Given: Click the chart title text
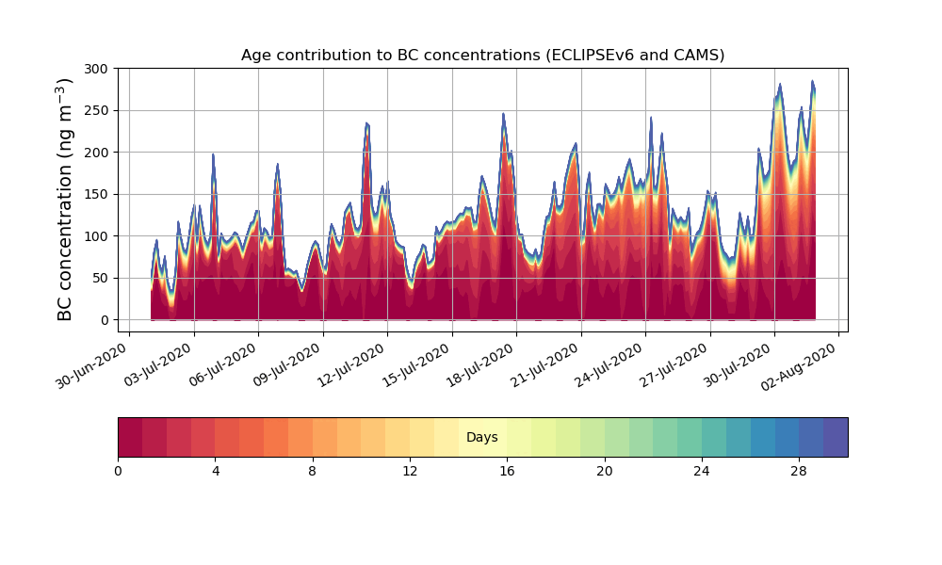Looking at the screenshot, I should tap(482, 55).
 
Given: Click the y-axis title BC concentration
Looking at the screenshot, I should tap(65, 200).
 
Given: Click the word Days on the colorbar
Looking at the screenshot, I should tap(482, 438).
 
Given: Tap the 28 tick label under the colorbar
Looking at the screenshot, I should tap(799, 471).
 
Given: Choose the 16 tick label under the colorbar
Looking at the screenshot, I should tap(507, 471).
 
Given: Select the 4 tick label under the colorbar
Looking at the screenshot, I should tap(215, 471).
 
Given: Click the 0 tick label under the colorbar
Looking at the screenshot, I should tap(118, 471).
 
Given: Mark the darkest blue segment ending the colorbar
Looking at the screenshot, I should tap(836, 437).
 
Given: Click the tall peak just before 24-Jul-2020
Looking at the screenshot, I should tap(651, 120).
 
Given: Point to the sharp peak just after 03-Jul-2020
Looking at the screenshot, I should tap(213, 155).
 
